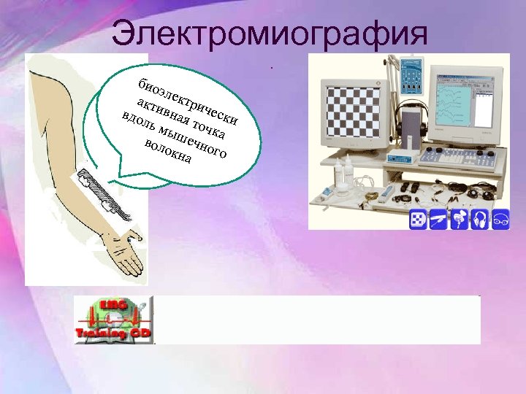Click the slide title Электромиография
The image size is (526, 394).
(x=270, y=33)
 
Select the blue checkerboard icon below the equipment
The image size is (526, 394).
(x=418, y=221)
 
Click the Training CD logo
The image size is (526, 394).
(x=113, y=320)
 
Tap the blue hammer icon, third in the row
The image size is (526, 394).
(x=459, y=221)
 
